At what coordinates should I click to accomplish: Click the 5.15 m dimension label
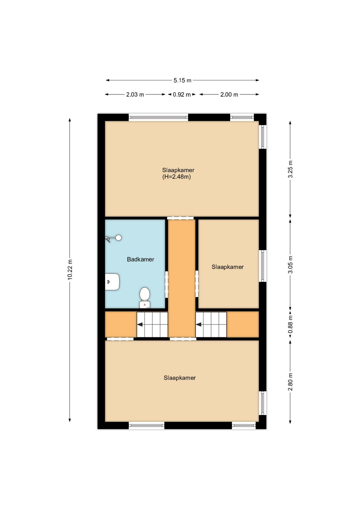coord(182,80)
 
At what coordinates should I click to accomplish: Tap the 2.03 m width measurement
coord(135,94)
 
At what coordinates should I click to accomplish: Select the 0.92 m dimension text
coord(182,94)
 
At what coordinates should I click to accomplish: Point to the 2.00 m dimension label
coord(229,94)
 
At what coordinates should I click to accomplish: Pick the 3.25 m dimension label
coord(290,169)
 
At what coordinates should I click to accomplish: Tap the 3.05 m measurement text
coord(290,264)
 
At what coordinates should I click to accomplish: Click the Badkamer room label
coord(140,259)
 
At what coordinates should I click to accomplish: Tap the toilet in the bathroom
coord(144,297)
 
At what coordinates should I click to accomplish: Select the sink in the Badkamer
coord(112,282)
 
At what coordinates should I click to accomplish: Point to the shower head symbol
coord(113,239)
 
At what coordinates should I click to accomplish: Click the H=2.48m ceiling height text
coord(177,177)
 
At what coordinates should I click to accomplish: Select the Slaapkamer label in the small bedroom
coord(228,267)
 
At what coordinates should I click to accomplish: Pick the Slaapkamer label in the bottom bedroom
coord(180,378)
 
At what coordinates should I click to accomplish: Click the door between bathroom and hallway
coord(166,284)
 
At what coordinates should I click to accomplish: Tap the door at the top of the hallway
coord(180,218)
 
